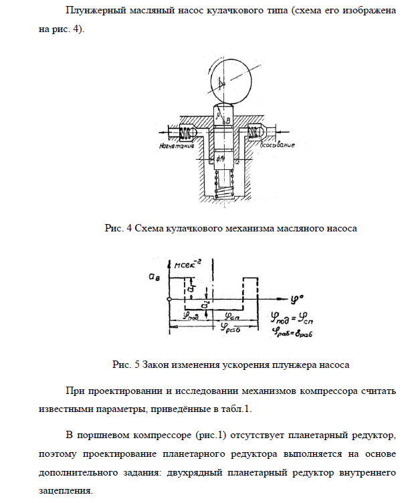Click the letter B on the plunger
coord(228,120)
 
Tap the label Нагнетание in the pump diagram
coord(177,144)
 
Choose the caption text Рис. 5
coord(126,365)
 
